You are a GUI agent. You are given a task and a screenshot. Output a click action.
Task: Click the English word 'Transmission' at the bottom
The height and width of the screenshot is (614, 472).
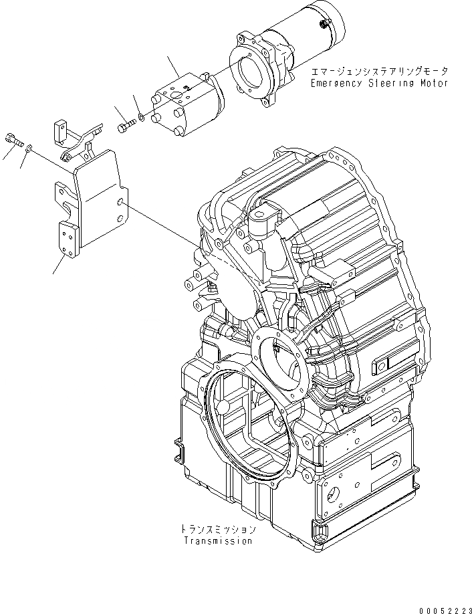(x=219, y=541)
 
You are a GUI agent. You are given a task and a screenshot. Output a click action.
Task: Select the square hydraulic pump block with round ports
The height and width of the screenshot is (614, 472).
(x=176, y=102)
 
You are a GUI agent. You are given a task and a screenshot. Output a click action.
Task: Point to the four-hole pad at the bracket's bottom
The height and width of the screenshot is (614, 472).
(x=67, y=239)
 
